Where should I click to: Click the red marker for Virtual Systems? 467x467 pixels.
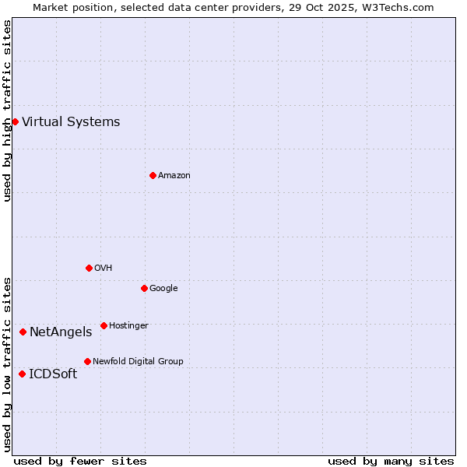pyautogui.click(x=15, y=121)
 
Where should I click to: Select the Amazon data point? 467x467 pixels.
pyautogui.click(x=153, y=175)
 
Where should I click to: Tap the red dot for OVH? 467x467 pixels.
pyautogui.click(x=89, y=268)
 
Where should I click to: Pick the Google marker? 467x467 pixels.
pyautogui.click(x=144, y=288)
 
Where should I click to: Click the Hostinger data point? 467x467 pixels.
pyautogui.click(x=104, y=325)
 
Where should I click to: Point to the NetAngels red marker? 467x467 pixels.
pyautogui.click(x=23, y=332)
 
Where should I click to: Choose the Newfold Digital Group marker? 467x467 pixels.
pyautogui.click(x=87, y=361)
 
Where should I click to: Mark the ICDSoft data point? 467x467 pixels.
pyautogui.click(x=22, y=374)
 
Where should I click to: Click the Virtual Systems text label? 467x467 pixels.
pyautogui.click(x=71, y=121)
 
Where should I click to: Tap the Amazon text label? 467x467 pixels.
pyautogui.click(x=174, y=176)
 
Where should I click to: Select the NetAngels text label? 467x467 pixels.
pyautogui.click(x=61, y=332)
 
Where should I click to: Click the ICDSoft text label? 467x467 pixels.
pyautogui.click(x=53, y=374)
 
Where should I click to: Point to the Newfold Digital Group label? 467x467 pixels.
pyautogui.click(x=138, y=361)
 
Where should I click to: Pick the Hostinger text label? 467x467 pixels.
pyautogui.click(x=128, y=325)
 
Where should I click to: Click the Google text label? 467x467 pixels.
pyautogui.click(x=163, y=288)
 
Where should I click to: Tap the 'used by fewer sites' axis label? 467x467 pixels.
pyautogui.click(x=80, y=461)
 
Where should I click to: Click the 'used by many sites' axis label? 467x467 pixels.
pyautogui.click(x=391, y=461)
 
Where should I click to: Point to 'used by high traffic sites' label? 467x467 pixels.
pyautogui.click(x=7, y=111)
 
